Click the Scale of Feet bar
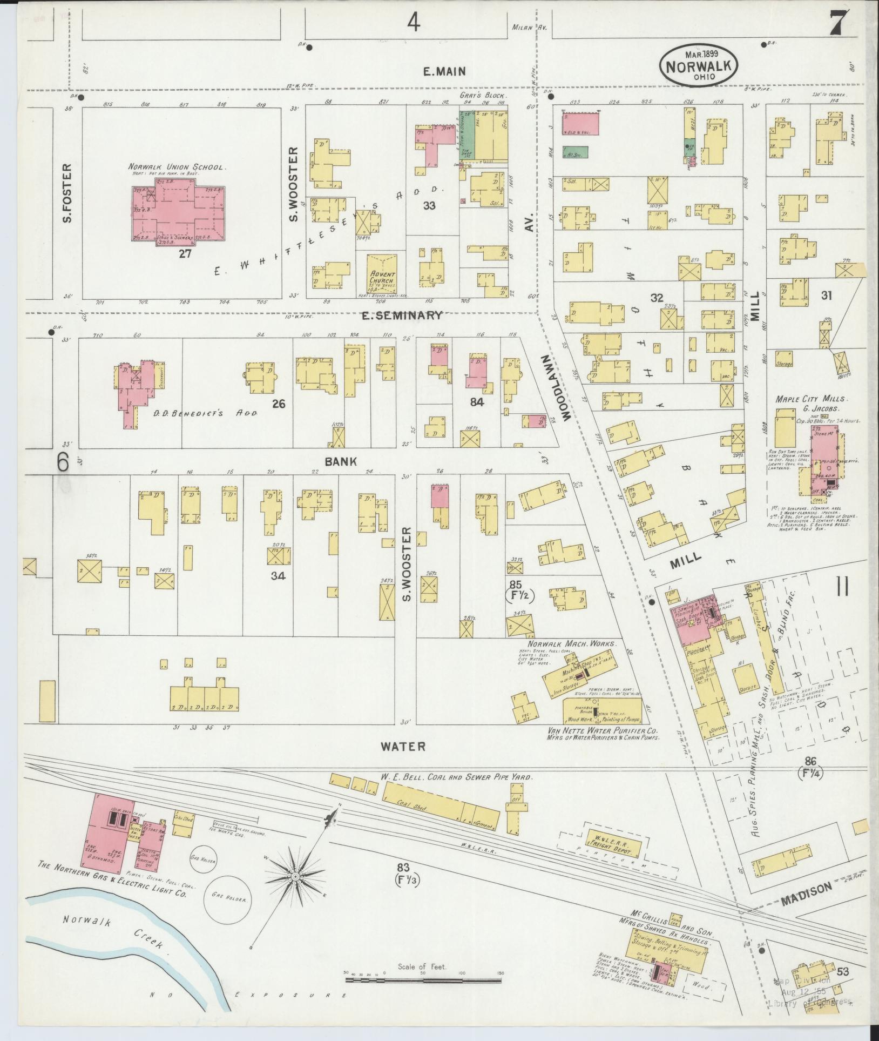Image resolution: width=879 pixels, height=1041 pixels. (x=423, y=975)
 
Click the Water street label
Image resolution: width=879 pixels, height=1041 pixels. (x=403, y=747)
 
